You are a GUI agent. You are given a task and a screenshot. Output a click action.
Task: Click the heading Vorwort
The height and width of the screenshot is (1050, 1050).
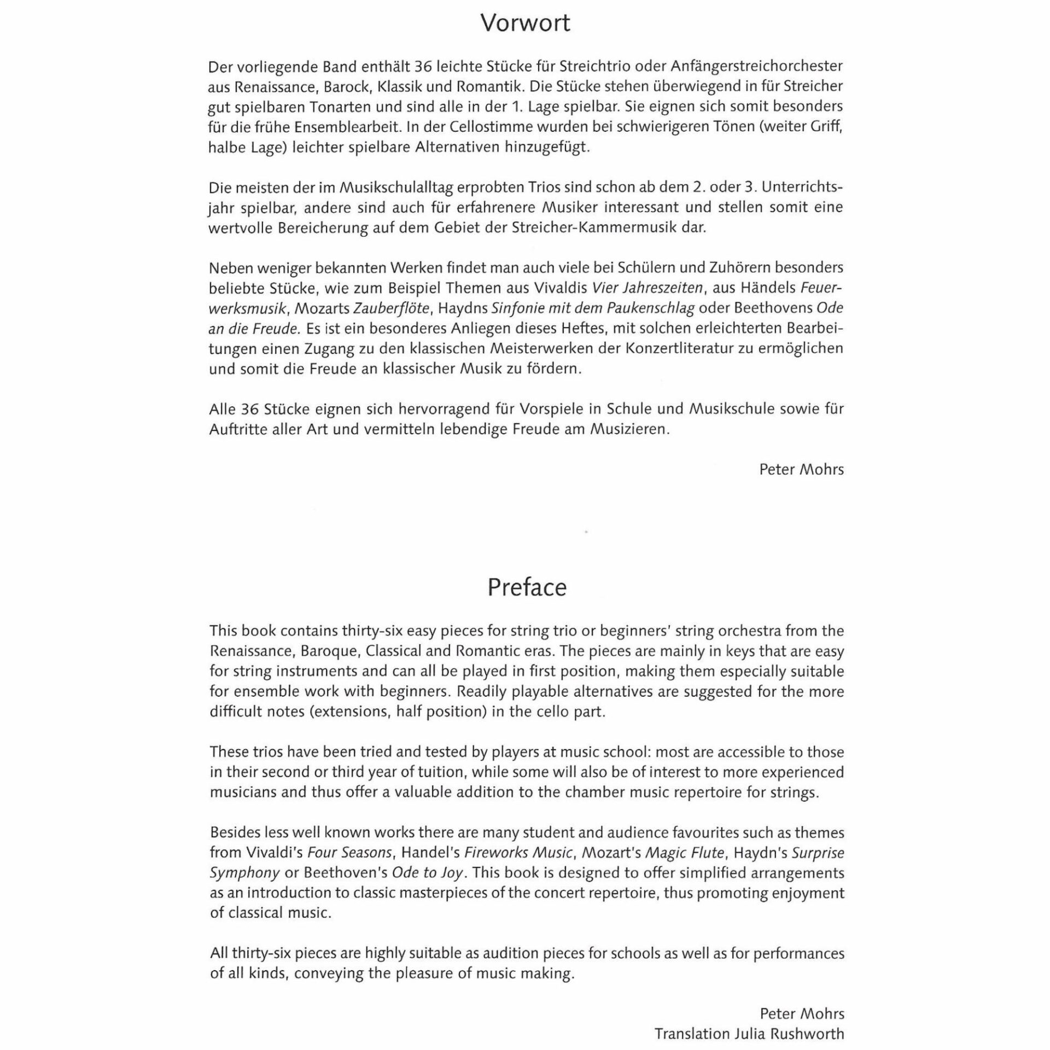pyautogui.click(x=525, y=24)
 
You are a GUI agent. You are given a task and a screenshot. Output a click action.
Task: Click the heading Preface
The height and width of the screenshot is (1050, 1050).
pyautogui.click(x=527, y=587)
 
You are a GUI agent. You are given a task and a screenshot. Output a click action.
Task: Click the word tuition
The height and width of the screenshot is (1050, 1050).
pyautogui.click(x=435, y=772)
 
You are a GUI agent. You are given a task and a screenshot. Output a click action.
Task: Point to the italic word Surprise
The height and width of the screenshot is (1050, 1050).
pyautogui.click(x=818, y=853)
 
